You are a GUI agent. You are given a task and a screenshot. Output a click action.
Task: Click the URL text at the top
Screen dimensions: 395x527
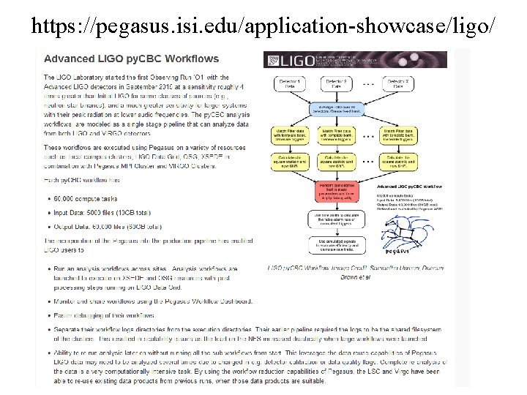point(263,27)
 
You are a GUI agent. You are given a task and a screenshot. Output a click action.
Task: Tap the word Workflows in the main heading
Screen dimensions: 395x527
point(193,59)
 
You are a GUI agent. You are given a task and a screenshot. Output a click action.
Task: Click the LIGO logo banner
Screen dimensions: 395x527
point(356,60)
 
